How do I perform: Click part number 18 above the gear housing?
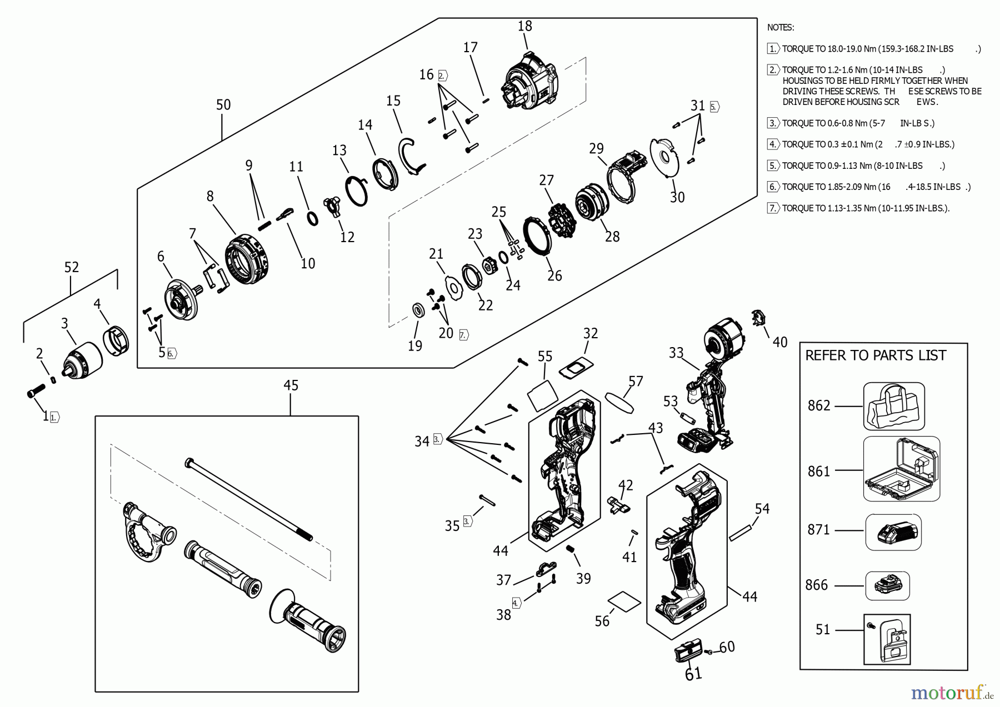(x=524, y=26)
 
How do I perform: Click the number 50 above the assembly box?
(x=223, y=105)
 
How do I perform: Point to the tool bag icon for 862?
(x=893, y=406)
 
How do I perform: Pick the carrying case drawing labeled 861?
(x=901, y=469)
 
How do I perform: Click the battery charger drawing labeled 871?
(x=893, y=532)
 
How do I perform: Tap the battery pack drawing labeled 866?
(x=888, y=586)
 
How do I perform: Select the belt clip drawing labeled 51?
(x=887, y=639)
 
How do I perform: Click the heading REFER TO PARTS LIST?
(x=876, y=355)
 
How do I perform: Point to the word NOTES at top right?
(x=781, y=27)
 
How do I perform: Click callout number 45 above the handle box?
(x=291, y=385)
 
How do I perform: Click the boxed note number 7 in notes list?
(x=772, y=208)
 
